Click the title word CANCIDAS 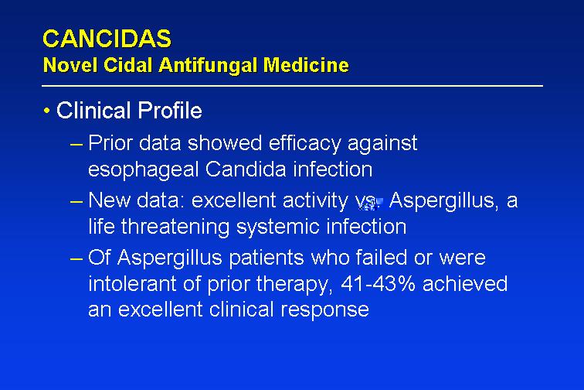(107, 39)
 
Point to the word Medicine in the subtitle (306, 65)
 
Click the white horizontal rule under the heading (292, 86)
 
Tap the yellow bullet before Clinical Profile (46, 111)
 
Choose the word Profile (170, 111)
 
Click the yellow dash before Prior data (76, 144)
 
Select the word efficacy (304, 144)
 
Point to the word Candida (246, 169)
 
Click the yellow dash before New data (76, 201)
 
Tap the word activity (315, 201)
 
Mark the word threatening (175, 227)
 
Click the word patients (267, 258)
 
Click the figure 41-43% (378, 284)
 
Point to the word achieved (465, 284)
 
